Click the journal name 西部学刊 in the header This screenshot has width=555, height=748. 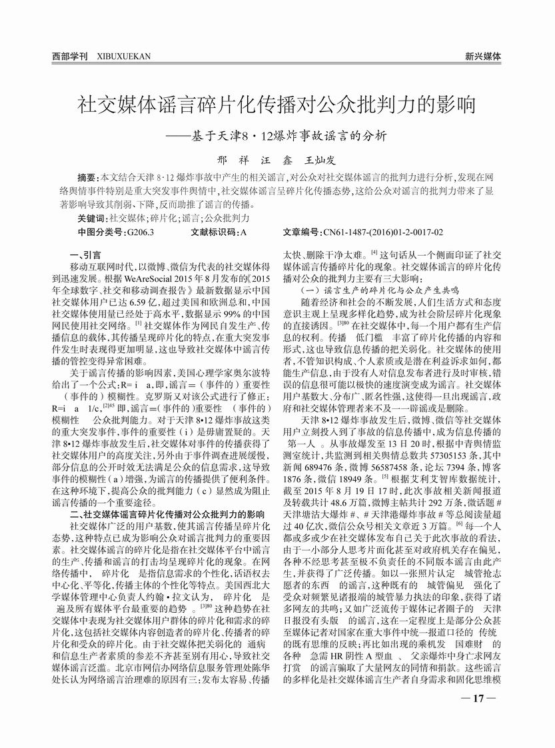click(x=70, y=57)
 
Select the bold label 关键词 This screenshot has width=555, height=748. click(x=91, y=218)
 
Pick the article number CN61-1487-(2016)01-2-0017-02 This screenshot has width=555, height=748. click(x=382, y=232)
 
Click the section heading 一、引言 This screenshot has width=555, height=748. click(x=85, y=255)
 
